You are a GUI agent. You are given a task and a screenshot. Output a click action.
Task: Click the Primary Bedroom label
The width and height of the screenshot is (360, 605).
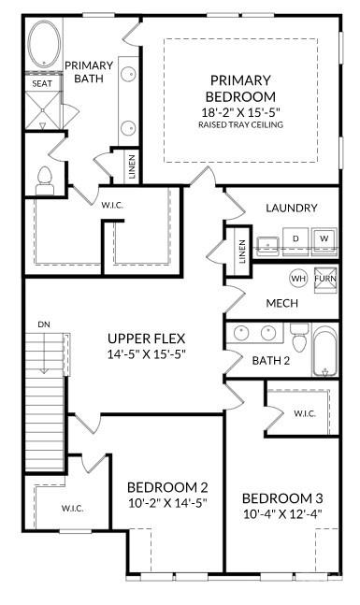click(242, 88)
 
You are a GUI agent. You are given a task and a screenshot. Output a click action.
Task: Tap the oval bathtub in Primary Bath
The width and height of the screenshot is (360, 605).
click(42, 46)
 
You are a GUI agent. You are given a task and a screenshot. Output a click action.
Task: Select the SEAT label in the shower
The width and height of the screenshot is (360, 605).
click(41, 83)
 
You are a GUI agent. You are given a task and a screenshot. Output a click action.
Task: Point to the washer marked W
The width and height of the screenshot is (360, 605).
click(324, 239)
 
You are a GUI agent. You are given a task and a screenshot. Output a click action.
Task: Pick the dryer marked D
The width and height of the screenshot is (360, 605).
click(296, 239)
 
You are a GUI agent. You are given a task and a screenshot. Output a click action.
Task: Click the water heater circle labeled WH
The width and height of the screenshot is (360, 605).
click(298, 278)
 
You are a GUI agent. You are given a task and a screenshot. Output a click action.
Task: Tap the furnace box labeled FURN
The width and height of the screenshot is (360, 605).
click(324, 279)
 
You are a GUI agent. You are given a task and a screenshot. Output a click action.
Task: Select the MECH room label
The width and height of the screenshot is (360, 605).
click(281, 303)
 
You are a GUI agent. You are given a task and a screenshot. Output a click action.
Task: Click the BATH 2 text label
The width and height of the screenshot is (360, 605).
click(270, 360)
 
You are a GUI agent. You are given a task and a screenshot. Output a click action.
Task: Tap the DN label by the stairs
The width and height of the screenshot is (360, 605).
click(43, 324)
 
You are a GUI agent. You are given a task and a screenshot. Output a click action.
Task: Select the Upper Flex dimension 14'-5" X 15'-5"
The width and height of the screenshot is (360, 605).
click(147, 354)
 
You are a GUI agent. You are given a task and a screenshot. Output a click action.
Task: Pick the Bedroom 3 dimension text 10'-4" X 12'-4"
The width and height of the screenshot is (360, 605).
click(283, 513)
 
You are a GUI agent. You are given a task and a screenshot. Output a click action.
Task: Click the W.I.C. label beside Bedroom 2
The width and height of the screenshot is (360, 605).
click(74, 509)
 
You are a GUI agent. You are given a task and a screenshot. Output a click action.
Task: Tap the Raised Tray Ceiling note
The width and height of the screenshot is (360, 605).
click(242, 124)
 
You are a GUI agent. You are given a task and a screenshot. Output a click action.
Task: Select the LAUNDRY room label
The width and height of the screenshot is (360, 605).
click(291, 208)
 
